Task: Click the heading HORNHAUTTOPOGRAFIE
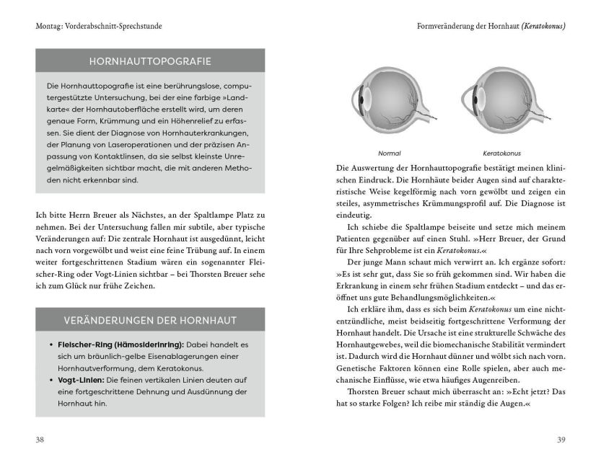pyautogui.click(x=150, y=61)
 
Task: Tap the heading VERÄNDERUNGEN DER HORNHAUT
pyautogui.click(x=150, y=319)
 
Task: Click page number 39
pyautogui.click(x=561, y=439)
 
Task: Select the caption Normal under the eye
pyautogui.click(x=390, y=154)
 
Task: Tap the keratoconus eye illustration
pyautogui.click(x=499, y=104)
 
